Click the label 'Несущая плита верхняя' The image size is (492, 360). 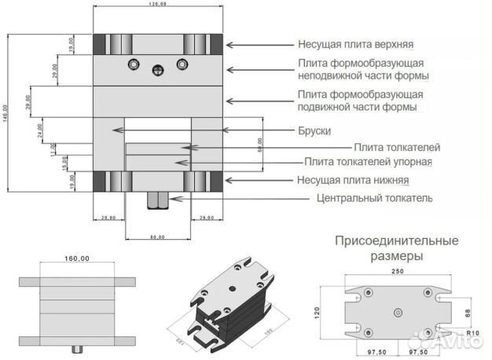click(x=361, y=46)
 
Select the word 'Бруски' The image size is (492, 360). click(x=314, y=130)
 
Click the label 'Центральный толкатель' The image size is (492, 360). click(x=374, y=198)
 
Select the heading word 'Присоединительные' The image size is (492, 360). click(x=396, y=241)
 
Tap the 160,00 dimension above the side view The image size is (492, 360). click(x=76, y=258)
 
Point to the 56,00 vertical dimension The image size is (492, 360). click(x=260, y=145)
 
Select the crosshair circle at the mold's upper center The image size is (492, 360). click(x=158, y=69)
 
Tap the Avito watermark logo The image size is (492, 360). click(x=456, y=340)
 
